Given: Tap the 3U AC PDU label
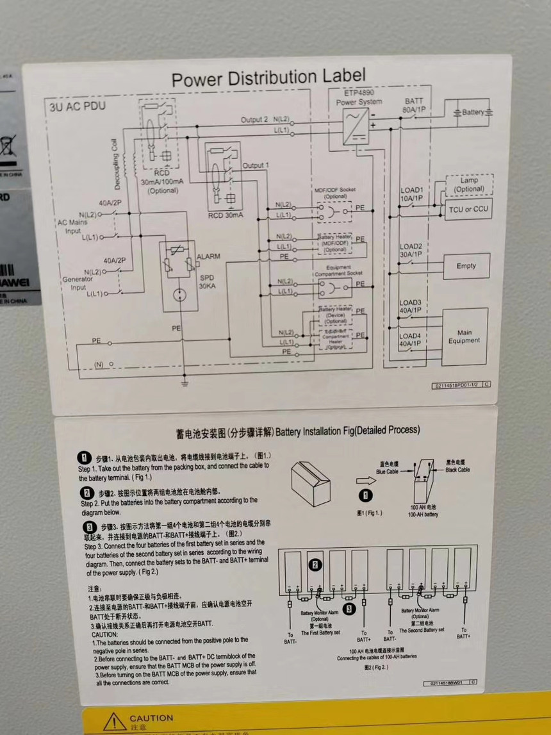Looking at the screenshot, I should coord(77,107).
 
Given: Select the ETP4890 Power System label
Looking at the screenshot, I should coord(358,98).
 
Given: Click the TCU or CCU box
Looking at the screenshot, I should coord(468,210).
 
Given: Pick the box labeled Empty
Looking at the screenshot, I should coord(466,266).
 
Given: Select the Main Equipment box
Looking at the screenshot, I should coord(465,336).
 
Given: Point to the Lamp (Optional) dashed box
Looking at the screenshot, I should coord(469,185).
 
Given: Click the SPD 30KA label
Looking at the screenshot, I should coord(207,283).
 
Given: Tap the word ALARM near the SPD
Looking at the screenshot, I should coord(209,256).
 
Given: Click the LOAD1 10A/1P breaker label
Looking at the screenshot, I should coord(411,194).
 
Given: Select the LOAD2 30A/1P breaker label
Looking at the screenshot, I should coord(411,250).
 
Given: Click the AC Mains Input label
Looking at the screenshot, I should coord(68,227).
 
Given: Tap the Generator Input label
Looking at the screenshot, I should coord(77,283).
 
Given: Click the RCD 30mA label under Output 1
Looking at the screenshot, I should coord(225,215).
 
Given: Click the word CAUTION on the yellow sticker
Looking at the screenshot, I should coord(151,718).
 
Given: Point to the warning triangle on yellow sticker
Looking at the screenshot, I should coord(115,722).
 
